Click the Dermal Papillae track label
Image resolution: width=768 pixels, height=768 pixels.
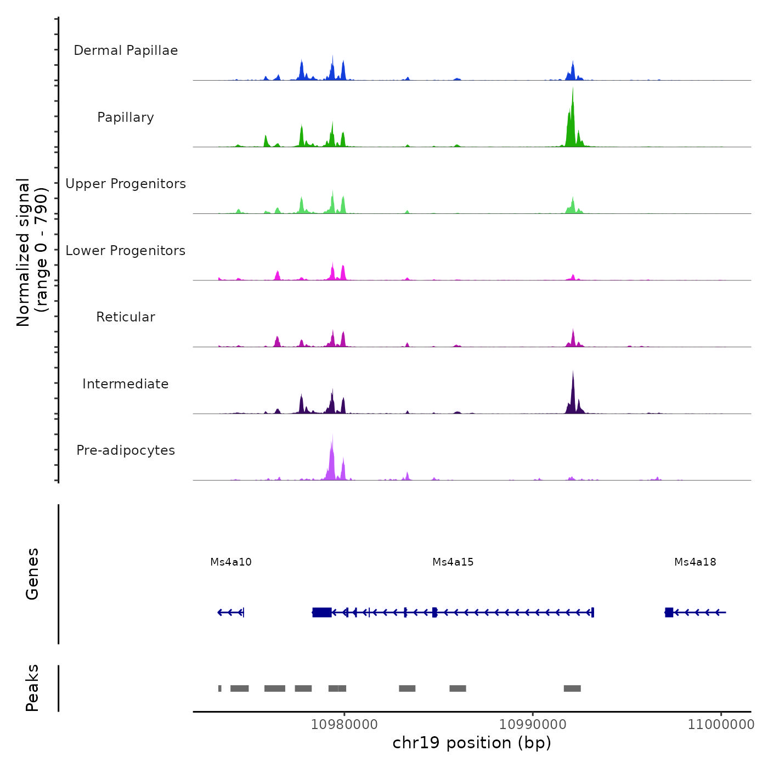(x=126, y=50)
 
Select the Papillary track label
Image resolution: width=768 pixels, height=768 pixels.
(x=126, y=117)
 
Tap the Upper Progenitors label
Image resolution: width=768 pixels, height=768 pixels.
(x=126, y=184)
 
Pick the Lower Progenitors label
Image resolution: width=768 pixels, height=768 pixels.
(x=126, y=251)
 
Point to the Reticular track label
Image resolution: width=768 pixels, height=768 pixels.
(x=126, y=317)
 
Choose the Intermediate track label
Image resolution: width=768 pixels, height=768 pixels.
(x=126, y=384)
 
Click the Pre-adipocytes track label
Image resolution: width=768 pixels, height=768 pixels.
(x=126, y=450)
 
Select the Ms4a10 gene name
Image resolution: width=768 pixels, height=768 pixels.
(x=231, y=562)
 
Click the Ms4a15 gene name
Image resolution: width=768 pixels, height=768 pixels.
(x=453, y=562)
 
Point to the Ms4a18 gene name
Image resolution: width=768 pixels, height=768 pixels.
(x=695, y=562)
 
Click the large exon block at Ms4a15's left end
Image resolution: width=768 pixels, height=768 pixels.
(x=322, y=612)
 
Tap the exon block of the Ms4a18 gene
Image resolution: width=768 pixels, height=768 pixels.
(x=669, y=612)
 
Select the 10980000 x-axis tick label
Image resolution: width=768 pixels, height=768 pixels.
(x=345, y=725)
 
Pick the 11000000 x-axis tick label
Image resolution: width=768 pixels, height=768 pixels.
(x=721, y=725)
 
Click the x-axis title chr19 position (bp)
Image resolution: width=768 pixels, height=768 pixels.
(x=472, y=743)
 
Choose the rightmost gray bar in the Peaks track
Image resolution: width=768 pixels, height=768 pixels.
(x=572, y=688)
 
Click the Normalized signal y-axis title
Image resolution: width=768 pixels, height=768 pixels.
(x=32, y=252)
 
